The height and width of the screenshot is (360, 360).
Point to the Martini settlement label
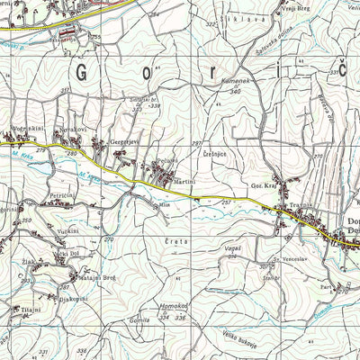pyautogui.click(x=184, y=181)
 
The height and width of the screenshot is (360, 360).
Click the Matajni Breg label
pyautogui.click(x=98, y=278)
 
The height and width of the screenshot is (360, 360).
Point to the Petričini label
pyautogui.click(x=63, y=194)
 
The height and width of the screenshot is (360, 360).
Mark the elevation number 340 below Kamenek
pyautogui.click(x=235, y=91)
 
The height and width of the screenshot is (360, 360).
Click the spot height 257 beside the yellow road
pyautogui.click(x=224, y=203)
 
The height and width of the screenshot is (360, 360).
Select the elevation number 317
pyautogui.click(x=65, y=92)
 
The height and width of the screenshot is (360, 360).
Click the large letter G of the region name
pyautogui.click(x=87, y=73)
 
